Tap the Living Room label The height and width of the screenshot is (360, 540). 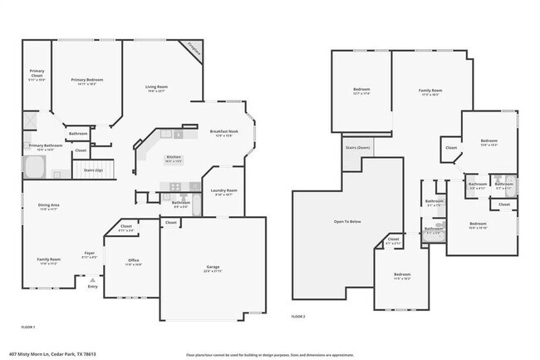click(157, 86)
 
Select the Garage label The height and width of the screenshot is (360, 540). click(214, 267)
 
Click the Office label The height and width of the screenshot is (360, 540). click(133, 261)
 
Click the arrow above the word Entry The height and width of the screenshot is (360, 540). click(92, 280)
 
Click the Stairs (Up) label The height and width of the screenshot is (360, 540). click(93, 170)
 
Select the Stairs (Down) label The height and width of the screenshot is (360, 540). click(357, 148)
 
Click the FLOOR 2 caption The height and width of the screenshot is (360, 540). click(298, 317)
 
